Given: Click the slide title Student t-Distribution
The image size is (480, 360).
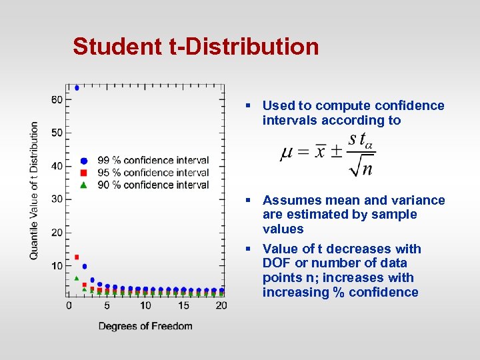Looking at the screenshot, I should [195, 47].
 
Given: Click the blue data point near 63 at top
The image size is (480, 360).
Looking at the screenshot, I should [77, 87].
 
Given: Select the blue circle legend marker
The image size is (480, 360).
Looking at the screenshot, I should [84, 161].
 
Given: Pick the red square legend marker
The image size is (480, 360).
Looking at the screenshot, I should [84, 173].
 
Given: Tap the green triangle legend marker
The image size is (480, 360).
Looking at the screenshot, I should [84, 185].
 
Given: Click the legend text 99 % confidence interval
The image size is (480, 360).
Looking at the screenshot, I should [153, 161].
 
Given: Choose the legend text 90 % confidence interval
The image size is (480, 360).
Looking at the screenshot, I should [153, 185].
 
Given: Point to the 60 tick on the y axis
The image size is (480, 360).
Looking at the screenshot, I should [57, 99].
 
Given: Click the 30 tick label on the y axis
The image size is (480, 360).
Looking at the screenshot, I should [57, 199].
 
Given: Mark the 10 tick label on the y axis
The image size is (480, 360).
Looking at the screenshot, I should [57, 265].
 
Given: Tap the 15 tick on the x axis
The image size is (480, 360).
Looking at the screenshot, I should [183, 305].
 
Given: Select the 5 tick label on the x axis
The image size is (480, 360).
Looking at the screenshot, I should [107, 305].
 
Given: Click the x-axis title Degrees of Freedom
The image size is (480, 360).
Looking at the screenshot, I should [145, 326].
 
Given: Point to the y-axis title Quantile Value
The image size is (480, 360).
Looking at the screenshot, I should [34, 191].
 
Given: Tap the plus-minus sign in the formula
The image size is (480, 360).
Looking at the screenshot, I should [335, 152].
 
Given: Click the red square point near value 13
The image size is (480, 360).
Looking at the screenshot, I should [77, 257].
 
